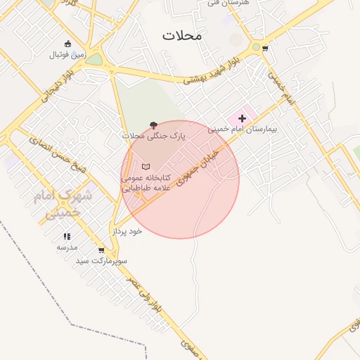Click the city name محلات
181,35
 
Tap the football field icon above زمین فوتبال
67,44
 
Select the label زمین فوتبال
67,54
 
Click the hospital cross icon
243,119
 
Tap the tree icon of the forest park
153,125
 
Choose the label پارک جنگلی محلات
153,136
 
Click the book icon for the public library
146,167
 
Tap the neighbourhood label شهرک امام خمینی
63,204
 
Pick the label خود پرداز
127,231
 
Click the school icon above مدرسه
67,237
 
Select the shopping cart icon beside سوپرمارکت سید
101,250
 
